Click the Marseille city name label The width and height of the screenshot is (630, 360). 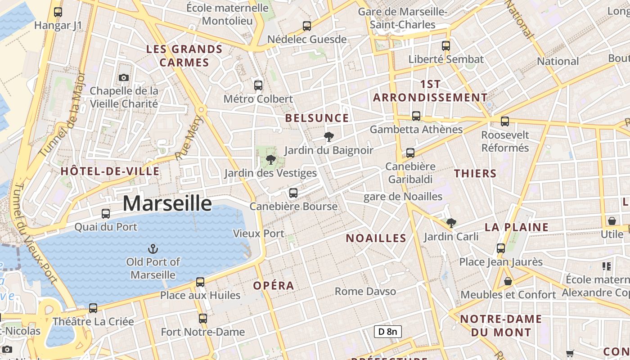pyautogui.click(x=167, y=203)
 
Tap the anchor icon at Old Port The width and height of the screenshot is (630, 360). pyautogui.click(x=153, y=248)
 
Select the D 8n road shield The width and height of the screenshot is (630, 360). pyautogui.click(x=387, y=332)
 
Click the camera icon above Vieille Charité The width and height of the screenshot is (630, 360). pyautogui.click(x=124, y=77)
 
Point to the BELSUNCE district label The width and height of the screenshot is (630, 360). pyautogui.click(x=317, y=118)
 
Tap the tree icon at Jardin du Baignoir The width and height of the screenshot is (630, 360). pyautogui.click(x=329, y=137)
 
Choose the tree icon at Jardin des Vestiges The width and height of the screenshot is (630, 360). pyautogui.click(x=271, y=160)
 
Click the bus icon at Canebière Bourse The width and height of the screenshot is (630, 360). pyautogui.click(x=293, y=193)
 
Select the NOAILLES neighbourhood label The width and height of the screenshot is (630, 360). pyautogui.click(x=376, y=238)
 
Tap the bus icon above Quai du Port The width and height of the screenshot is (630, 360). pyautogui.click(x=106, y=214)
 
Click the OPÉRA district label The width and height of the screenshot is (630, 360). pyautogui.click(x=274, y=286)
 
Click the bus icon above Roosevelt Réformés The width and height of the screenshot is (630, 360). pyautogui.click(x=505, y=121)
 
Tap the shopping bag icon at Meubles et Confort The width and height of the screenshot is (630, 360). pyautogui.click(x=508, y=281)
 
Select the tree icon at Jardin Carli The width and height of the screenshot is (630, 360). pyautogui.click(x=451, y=223)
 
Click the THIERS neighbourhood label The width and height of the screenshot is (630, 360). pyautogui.click(x=475, y=174)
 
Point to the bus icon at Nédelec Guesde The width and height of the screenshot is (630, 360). pyautogui.click(x=307, y=26)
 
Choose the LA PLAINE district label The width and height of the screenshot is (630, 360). pyautogui.click(x=517, y=227)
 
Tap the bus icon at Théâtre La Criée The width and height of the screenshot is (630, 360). pyautogui.click(x=93, y=308)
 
